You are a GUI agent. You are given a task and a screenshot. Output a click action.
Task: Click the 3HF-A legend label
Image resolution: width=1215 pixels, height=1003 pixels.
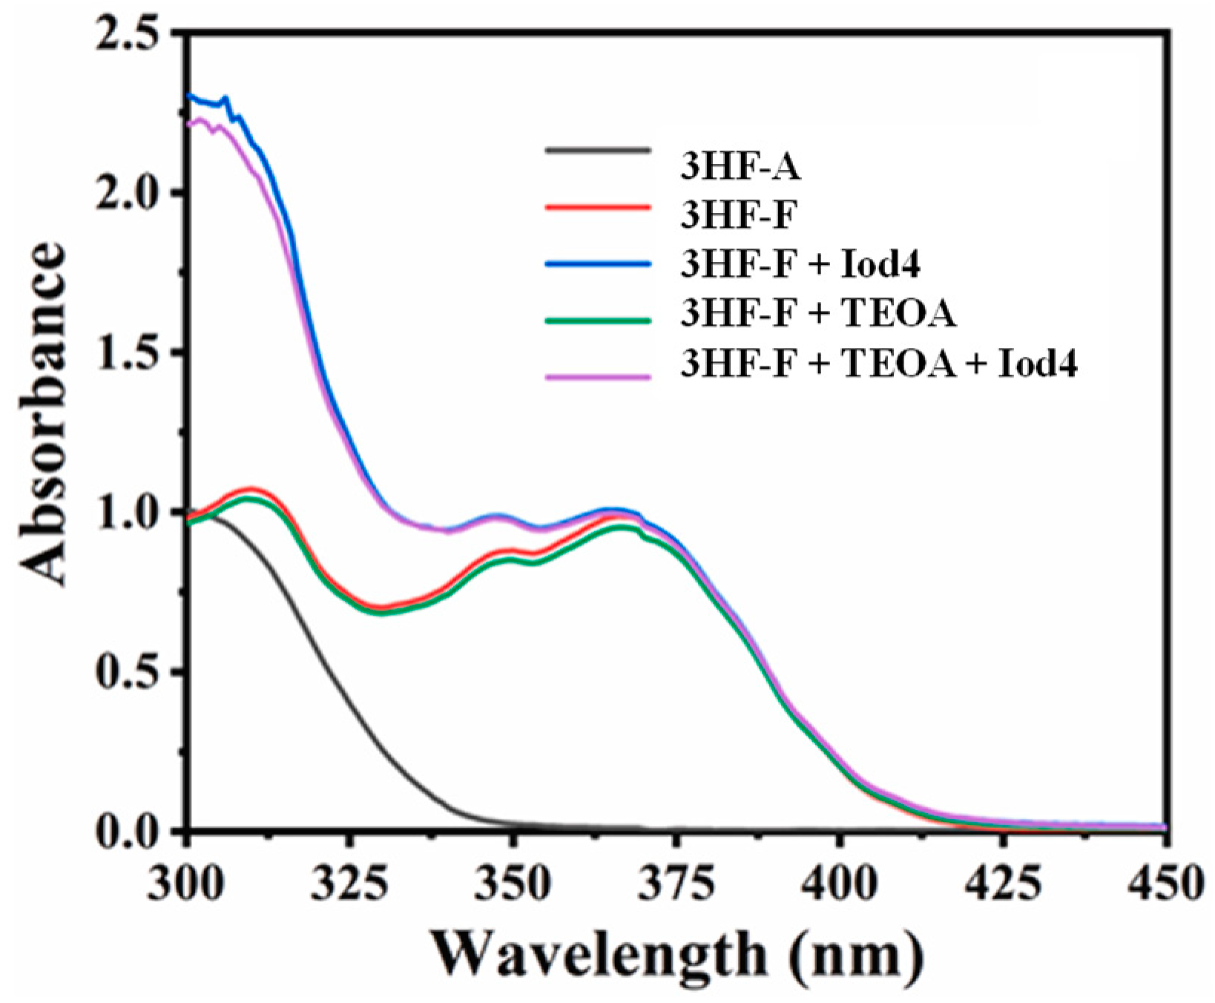point(740,168)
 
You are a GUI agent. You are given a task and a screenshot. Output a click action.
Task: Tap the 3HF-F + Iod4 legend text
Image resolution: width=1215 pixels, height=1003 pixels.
point(800,265)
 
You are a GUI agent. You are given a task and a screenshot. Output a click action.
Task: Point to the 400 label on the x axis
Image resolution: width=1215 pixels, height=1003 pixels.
point(840,884)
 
